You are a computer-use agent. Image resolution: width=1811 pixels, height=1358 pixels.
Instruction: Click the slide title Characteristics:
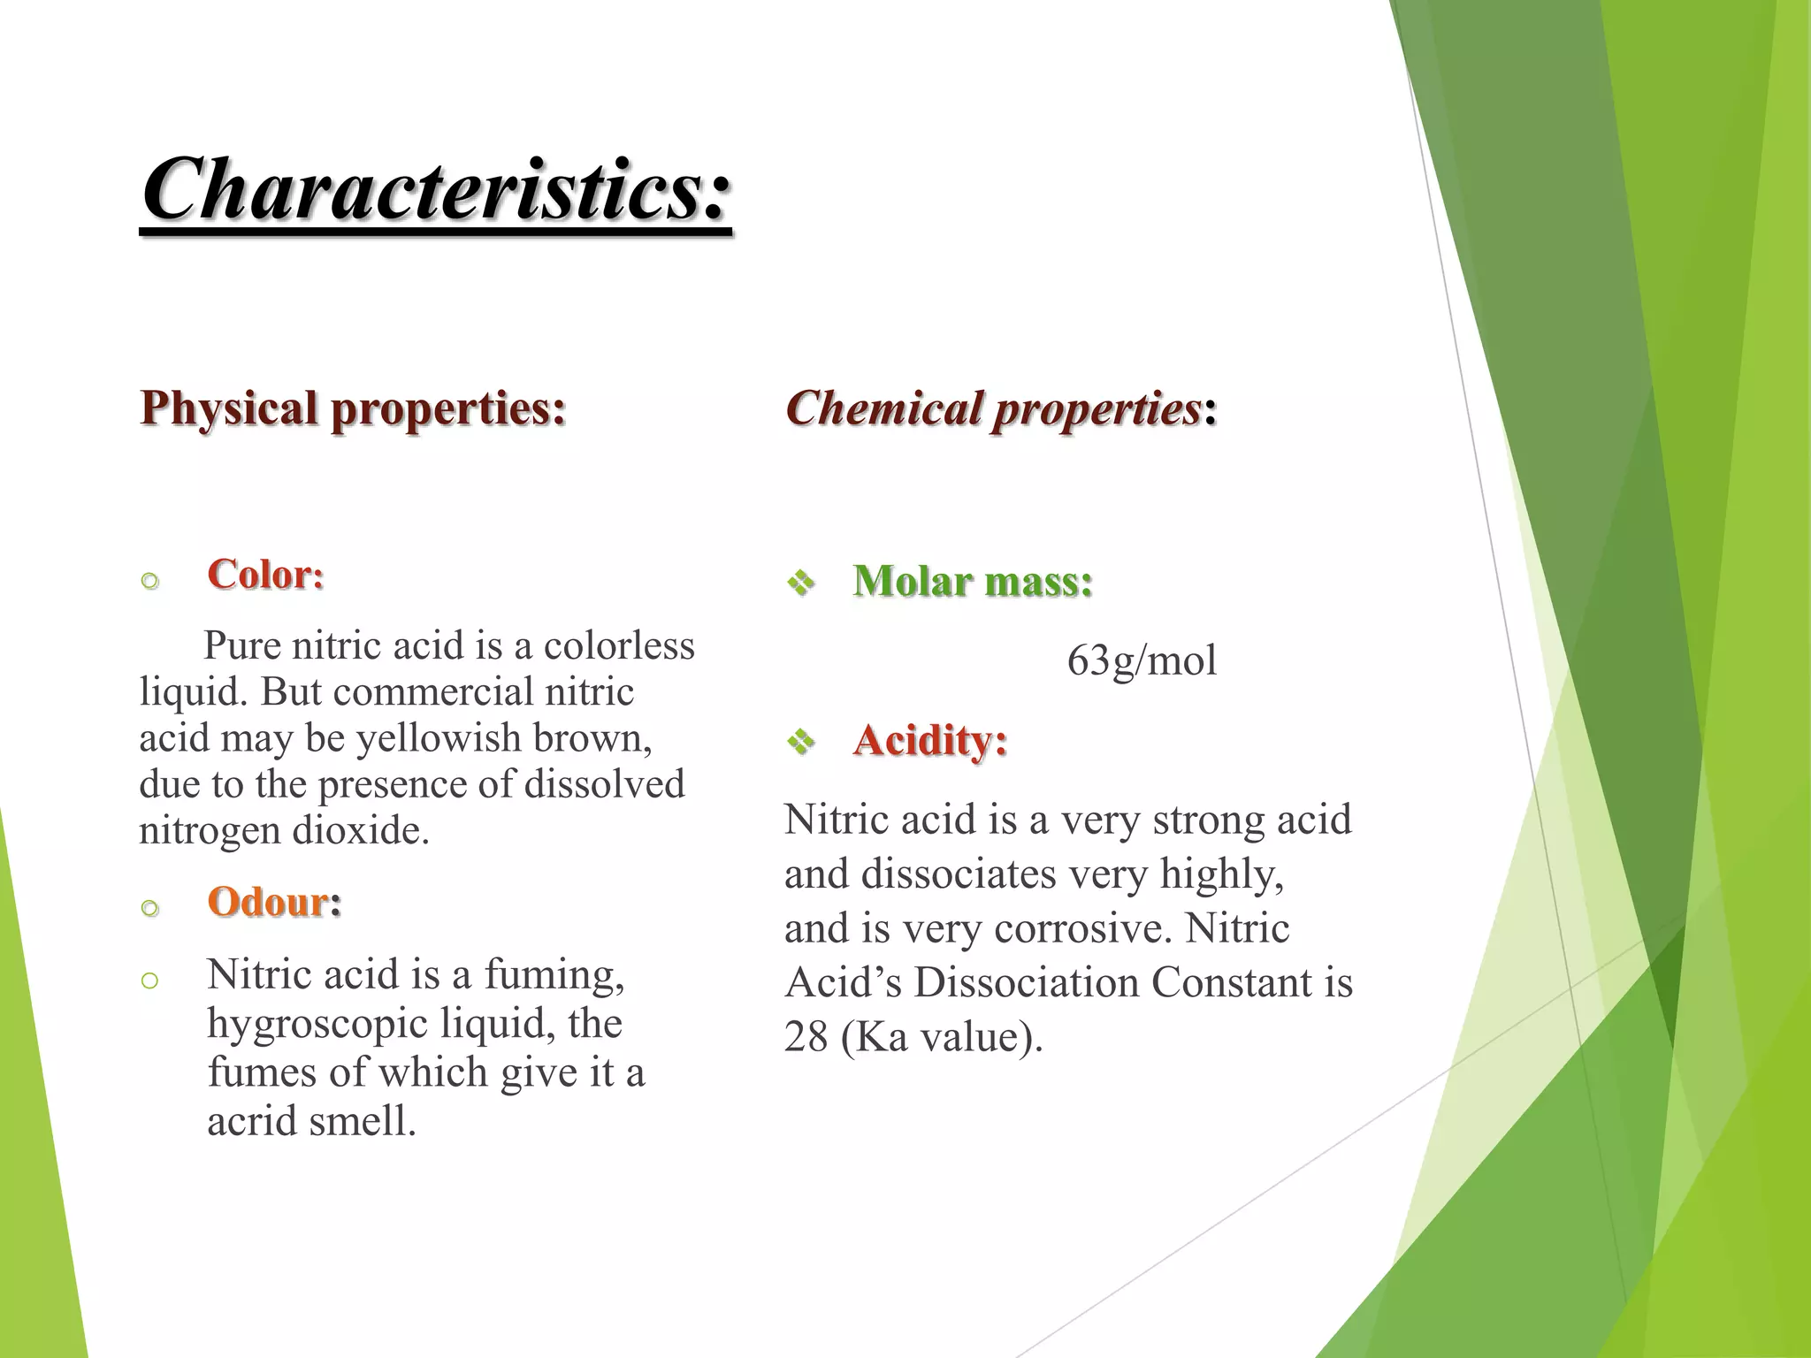(x=437, y=189)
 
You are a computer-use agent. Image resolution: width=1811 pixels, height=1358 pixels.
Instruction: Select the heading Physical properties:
(x=353, y=408)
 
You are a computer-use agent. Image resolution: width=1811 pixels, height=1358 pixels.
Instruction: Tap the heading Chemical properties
(x=993, y=408)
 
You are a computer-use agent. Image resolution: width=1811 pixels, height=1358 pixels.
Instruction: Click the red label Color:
(x=265, y=575)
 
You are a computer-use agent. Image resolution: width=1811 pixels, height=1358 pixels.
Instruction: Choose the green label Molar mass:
(x=973, y=582)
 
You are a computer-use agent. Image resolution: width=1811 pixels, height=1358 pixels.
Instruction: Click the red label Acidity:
(x=929, y=740)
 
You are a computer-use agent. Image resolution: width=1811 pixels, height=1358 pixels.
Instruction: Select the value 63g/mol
(x=1142, y=660)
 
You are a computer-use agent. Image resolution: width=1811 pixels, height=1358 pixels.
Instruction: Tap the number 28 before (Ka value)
(x=806, y=1037)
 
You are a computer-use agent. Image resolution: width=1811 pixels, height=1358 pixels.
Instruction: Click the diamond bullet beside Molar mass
(x=801, y=583)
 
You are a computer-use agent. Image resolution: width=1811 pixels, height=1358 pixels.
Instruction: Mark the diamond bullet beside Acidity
(x=801, y=741)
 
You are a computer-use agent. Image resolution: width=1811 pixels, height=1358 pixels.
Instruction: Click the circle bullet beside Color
(x=150, y=581)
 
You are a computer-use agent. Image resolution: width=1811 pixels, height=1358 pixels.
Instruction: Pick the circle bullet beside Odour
(x=150, y=908)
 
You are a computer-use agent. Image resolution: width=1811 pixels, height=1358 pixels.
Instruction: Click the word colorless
(x=619, y=645)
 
